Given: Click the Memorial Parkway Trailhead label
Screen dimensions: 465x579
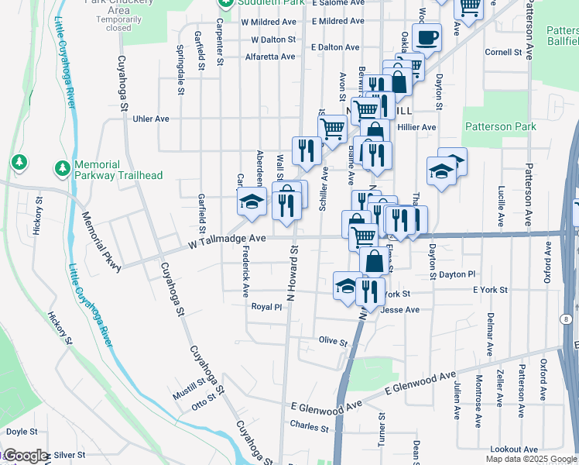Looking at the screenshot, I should click(118, 170).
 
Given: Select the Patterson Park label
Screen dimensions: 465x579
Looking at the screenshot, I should click(499, 126).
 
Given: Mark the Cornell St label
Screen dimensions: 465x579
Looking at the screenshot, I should click(503, 53).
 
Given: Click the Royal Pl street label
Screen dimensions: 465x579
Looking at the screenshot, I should click(267, 307).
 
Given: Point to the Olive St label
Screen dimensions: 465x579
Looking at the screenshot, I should click(333, 341).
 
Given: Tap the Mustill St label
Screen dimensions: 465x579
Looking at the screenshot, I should click(189, 394).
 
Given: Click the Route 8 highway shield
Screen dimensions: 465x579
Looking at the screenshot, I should click(567, 319).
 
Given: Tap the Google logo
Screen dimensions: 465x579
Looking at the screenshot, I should click(25, 456).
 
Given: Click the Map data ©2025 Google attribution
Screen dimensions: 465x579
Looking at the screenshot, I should click(530, 459).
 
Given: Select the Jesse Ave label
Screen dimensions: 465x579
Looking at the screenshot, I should click(401, 310).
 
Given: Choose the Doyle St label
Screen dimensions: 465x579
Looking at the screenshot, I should click(22, 432).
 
